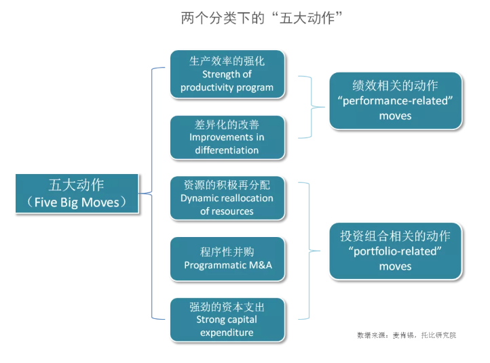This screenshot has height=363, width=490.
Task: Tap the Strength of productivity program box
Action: point(227,74)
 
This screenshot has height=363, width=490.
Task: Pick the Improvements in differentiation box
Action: point(227,137)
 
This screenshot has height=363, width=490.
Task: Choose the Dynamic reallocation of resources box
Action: point(227,198)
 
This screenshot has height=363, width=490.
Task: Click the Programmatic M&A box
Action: point(227,259)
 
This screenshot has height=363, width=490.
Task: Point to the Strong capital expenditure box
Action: point(227,319)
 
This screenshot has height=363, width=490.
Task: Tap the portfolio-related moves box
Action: point(395,251)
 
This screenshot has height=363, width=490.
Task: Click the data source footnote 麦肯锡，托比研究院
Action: point(407,335)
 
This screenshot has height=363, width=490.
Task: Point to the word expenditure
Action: point(227,332)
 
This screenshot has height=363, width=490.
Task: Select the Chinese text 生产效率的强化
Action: point(227,61)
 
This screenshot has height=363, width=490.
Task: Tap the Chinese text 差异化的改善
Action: point(227,125)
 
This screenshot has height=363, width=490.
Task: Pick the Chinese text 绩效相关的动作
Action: point(395,85)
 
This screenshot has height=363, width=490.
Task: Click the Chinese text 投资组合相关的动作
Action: point(395,236)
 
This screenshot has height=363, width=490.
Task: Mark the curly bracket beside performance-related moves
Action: point(314,106)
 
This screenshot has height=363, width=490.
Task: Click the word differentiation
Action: point(227,150)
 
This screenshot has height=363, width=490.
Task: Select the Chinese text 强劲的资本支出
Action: point(227,307)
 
